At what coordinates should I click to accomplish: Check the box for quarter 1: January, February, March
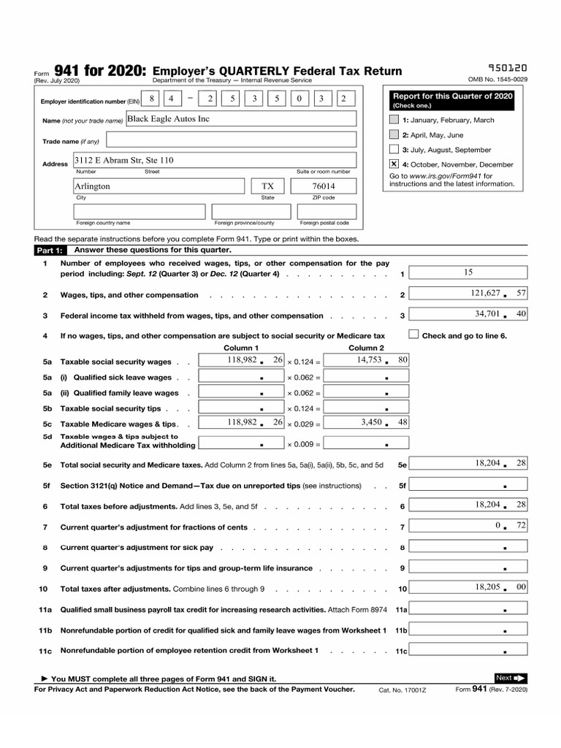coord(394,120)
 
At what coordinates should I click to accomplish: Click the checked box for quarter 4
coord(394,164)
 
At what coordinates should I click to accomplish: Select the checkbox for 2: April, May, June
coord(394,135)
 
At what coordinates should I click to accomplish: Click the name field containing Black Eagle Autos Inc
coord(241,119)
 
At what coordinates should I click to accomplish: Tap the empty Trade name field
coord(231,140)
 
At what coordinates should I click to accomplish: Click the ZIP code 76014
coord(324,186)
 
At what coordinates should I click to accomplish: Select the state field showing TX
coord(268,186)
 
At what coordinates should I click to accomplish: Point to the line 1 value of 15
coord(467,272)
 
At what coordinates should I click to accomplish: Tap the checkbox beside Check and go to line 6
coord(413,335)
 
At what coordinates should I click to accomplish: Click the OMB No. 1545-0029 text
coord(497,80)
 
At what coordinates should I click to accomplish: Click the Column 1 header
coord(241,348)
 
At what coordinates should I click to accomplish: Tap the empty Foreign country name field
coord(140,211)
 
